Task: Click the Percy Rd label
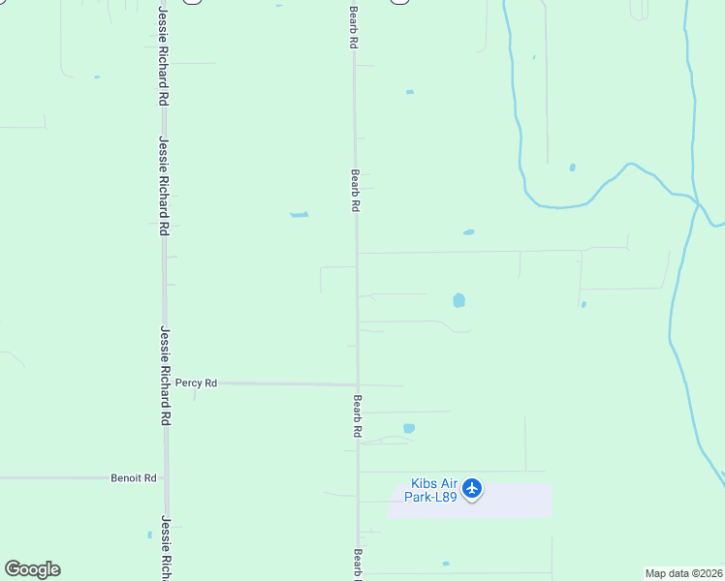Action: (x=196, y=383)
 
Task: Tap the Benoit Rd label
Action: (x=134, y=477)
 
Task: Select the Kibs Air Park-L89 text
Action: (x=433, y=489)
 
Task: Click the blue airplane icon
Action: (x=472, y=488)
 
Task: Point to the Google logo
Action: (x=32, y=569)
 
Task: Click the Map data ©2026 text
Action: (x=683, y=573)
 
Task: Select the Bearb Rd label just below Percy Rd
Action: (x=358, y=416)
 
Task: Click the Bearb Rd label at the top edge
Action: (x=355, y=29)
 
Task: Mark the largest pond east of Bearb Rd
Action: (x=458, y=300)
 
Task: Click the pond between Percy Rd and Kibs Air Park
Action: (x=409, y=428)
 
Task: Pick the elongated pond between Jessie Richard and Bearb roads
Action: (x=299, y=214)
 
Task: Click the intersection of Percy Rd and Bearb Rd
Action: (x=358, y=384)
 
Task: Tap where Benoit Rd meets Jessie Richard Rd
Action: (x=166, y=477)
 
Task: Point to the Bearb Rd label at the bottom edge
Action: (x=358, y=564)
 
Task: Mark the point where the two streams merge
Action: (x=696, y=200)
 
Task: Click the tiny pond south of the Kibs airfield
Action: (x=446, y=564)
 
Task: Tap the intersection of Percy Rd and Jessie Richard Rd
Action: (x=166, y=383)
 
